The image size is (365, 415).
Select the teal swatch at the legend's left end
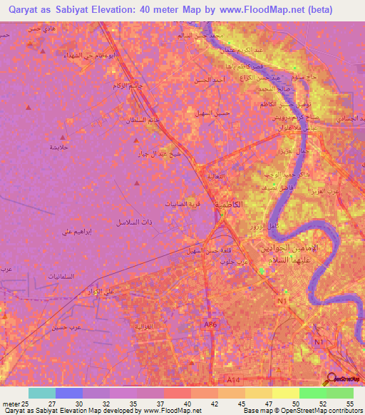[x=41, y=394]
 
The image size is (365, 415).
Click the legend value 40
[x=187, y=404]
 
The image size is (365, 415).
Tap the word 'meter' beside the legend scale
[x=10, y=404]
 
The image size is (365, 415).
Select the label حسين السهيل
[x=211, y=113]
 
